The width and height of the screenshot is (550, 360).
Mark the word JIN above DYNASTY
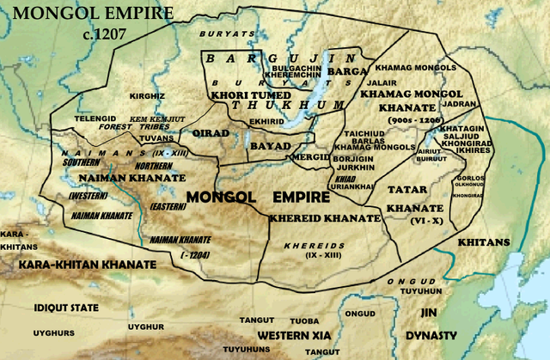click(x=431, y=314)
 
